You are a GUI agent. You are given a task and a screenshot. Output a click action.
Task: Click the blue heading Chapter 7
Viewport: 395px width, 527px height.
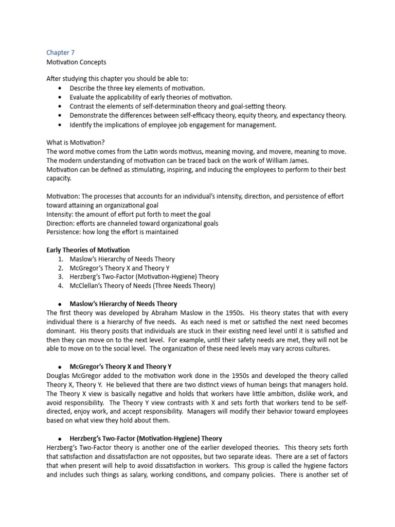[60, 52]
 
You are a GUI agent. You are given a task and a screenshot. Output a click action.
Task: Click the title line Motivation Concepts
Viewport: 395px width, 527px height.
[76, 62]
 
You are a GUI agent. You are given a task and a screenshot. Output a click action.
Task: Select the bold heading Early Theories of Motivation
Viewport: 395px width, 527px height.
[88, 250]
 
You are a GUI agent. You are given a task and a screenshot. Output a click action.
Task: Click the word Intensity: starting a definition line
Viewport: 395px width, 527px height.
[60, 214]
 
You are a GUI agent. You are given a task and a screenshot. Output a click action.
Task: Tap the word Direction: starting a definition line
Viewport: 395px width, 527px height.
[60, 223]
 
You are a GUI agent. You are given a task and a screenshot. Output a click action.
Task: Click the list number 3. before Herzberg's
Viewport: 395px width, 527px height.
[60, 277]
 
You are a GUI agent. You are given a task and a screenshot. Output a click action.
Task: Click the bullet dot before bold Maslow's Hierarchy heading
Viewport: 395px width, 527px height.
[60, 304]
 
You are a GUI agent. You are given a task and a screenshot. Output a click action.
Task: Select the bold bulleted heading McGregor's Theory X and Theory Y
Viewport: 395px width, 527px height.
[121, 366]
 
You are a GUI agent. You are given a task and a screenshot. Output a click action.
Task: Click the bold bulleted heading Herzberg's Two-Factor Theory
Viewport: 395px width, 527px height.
[146, 438]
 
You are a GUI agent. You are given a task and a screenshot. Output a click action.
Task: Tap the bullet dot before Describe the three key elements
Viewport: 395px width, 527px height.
[60, 89]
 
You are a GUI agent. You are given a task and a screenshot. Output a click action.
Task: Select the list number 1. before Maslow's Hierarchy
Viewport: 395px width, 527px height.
[60, 259]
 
